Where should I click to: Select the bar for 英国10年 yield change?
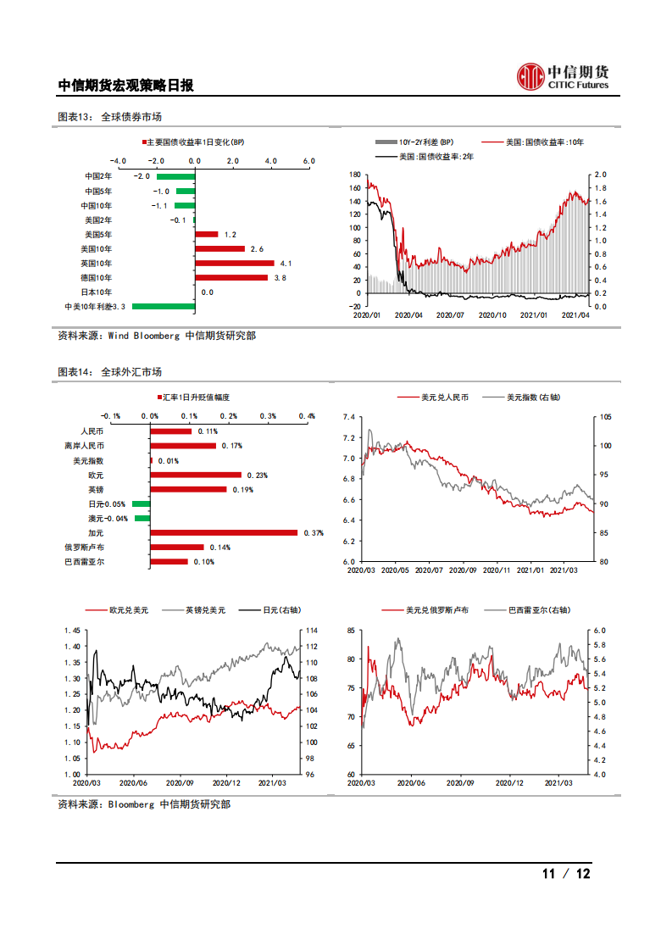[x=235, y=264]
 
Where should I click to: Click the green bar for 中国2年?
[x=175, y=176]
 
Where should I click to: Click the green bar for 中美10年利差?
[x=164, y=307]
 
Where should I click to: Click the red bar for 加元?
[x=224, y=532]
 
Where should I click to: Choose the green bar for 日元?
[x=142, y=503]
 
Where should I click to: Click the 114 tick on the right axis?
[x=311, y=631]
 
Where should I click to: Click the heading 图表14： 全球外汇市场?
[x=109, y=372]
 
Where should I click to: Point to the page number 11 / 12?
[x=565, y=874]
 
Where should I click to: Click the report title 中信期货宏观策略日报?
[x=125, y=85]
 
